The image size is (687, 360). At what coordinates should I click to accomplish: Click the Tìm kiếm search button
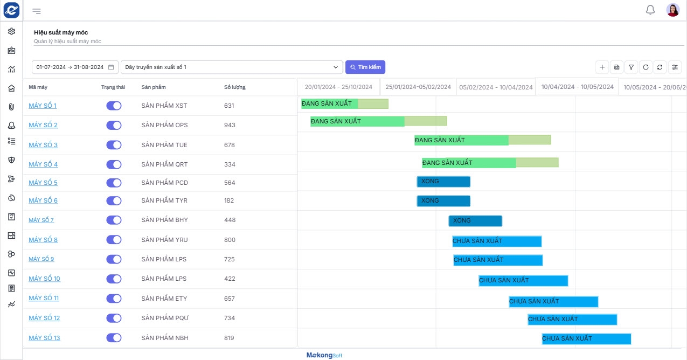tap(365, 67)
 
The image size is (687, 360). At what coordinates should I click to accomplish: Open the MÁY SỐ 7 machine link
tap(41, 220)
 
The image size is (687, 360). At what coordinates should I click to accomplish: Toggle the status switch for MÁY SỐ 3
tap(114, 145)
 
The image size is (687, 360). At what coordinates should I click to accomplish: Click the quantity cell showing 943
tap(230, 125)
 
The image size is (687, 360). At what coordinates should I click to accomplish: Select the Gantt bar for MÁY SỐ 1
tap(345, 103)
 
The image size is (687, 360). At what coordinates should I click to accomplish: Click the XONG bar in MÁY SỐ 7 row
tap(475, 221)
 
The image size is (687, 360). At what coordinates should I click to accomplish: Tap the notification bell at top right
tap(650, 10)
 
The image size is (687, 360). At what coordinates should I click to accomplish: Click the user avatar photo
tap(673, 10)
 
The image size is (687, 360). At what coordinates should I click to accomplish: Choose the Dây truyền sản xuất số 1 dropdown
tap(232, 67)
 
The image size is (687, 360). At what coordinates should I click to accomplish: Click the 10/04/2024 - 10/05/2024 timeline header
tap(577, 87)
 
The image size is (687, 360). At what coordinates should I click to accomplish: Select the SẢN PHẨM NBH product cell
tap(165, 338)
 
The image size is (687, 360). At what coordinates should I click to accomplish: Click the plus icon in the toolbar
tap(602, 67)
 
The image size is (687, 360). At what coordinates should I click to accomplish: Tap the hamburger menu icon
tap(37, 11)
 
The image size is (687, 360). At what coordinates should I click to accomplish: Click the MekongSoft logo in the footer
tap(324, 355)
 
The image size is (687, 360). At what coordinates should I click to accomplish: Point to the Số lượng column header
tap(235, 87)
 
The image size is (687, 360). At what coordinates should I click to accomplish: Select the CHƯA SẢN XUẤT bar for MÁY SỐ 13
tap(586, 338)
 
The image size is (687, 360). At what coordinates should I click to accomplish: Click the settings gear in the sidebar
tap(11, 31)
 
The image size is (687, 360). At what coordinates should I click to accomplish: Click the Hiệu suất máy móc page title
tap(61, 32)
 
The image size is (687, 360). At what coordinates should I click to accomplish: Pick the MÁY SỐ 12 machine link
tap(44, 318)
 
